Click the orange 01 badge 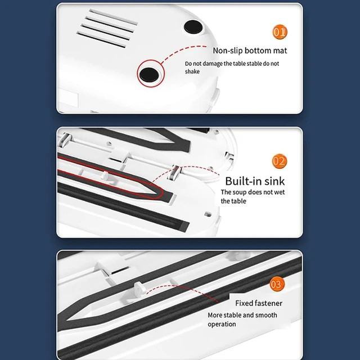click(x=280, y=32)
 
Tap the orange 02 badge click(x=280, y=161)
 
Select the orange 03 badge click(x=277, y=284)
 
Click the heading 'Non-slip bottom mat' click(x=250, y=51)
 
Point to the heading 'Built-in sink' click(x=255, y=181)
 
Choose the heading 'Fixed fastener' click(x=259, y=303)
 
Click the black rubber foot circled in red click(x=149, y=75)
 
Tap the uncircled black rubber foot click(x=193, y=27)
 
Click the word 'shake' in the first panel click(x=192, y=71)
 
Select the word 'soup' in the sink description click(x=240, y=192)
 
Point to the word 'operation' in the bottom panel click(x=222, y=324)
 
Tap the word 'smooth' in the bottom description click(x=266, y=315)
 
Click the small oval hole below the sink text click(x=208, y=214)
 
